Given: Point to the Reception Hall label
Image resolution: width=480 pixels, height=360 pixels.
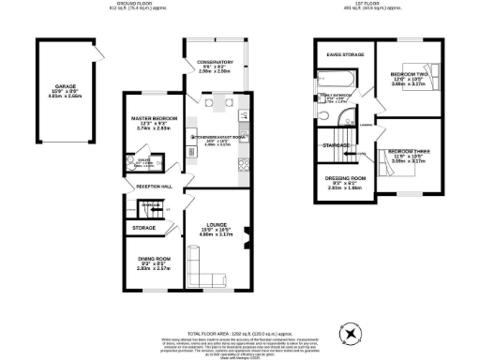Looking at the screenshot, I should [155, 187].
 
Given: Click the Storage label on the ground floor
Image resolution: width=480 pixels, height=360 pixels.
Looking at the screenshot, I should [143, 227].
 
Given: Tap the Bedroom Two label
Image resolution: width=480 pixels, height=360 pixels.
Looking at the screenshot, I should [409, 73].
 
